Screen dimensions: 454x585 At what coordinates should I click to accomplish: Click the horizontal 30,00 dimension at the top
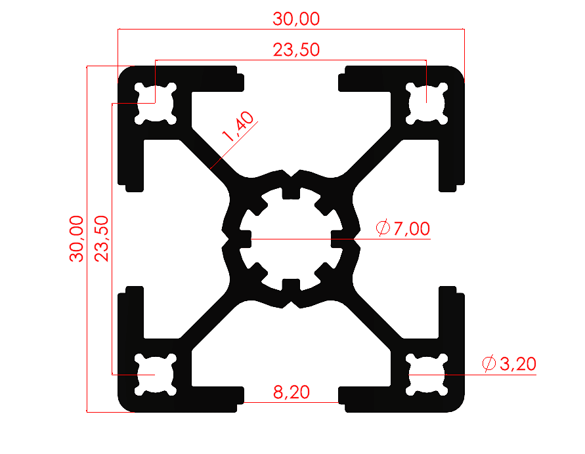tap(296, 19)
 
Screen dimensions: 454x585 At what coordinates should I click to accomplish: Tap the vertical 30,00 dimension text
tap(77, 238)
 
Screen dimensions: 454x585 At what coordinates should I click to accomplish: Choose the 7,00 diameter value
tap(412, 229)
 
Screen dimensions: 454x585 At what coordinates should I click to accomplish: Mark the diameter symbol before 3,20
tap(488, 363)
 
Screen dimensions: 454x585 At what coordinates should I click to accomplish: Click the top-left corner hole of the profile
tap(156, 103)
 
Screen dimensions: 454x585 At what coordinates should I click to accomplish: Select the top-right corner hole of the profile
tap(427, 103)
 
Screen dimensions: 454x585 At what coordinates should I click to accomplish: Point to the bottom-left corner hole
tap(156, 375)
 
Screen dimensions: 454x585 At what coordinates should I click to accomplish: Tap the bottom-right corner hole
tap(427, 375)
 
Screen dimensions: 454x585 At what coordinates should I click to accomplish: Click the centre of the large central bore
tap(292, 239)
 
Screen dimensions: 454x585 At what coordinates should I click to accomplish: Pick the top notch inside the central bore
tap(292, 192)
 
